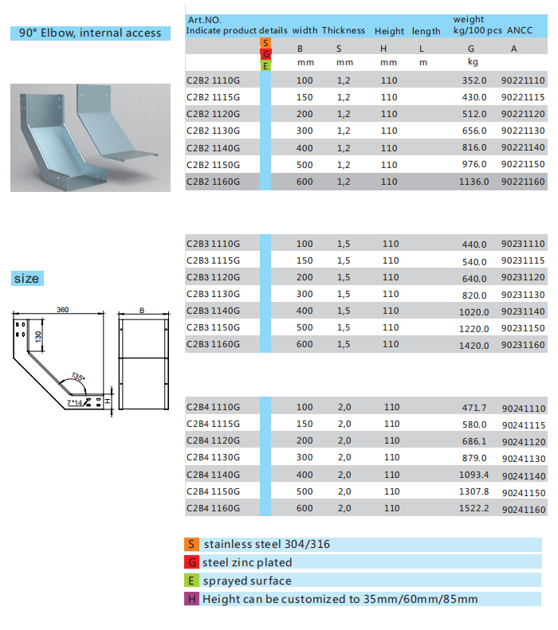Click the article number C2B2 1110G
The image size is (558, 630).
click(x=212, y=80)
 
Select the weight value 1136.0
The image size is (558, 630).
click(x=474, y=182)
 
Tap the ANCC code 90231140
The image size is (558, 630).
click(x=523, y=311)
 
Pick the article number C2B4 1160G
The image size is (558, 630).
click(x=212, y=509)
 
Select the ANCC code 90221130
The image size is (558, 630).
click(x=523, y=131)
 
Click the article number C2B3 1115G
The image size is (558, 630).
click(x=212, y=261)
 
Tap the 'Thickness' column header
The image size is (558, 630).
click(x=344, y=31)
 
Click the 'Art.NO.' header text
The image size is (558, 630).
click(x=205, y=19)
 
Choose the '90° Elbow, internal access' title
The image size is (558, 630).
click(x=90, y=33)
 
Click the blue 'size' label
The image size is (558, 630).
click(x=26, y=279)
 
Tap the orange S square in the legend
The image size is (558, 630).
click(x=191, y=545)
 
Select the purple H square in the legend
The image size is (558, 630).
click(x=191, y=599)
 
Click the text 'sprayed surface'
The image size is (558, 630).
click(x=247, y=581)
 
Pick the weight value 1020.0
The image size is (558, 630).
click(x=474, y=311)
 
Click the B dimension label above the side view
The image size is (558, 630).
click(x=141, y=311)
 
